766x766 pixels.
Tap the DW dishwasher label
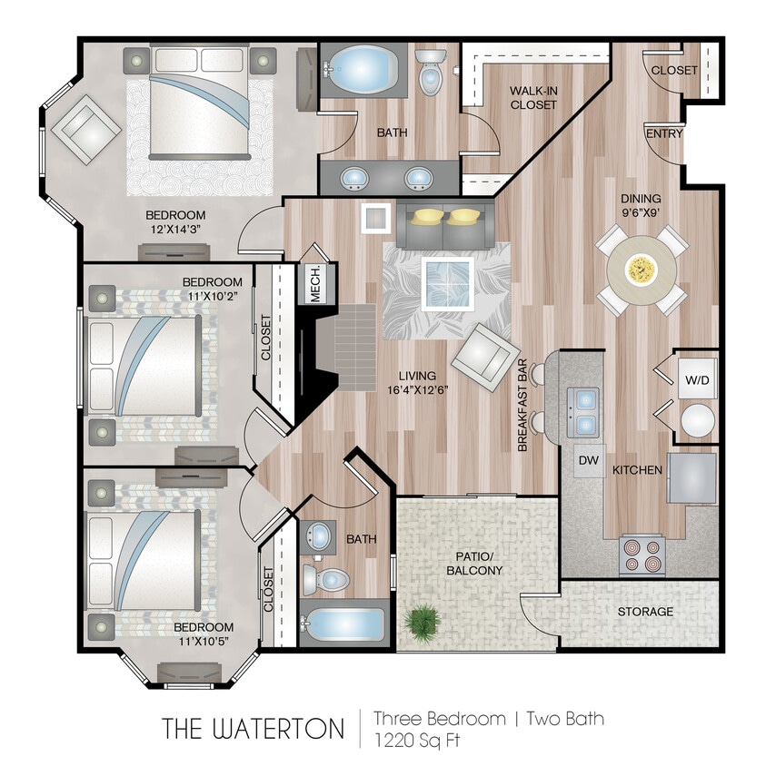click(x=589, y=461)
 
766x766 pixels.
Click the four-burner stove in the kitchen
click(x=642, y=555)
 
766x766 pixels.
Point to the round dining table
click(x=641, y=270)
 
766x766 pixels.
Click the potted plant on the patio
click(x=424, y=624)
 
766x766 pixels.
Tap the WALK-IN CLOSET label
click(x=532, y=98)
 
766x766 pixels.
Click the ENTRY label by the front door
click(x=663, y=133)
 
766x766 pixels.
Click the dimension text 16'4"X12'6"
click(x=416, y=391)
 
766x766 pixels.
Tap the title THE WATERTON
click(x=254, y=728)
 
